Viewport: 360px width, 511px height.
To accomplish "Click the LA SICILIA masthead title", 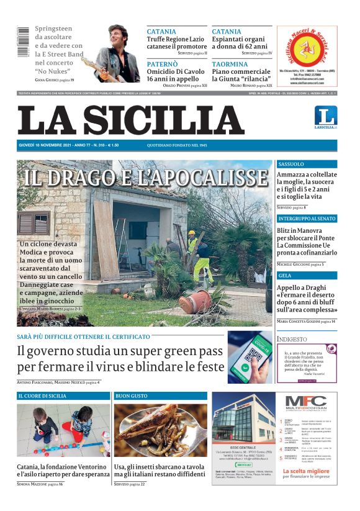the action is coord(130,119).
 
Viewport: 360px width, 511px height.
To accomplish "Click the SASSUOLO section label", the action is coord(291,165).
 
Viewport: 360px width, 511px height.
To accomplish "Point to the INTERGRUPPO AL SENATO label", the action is coord(307,219).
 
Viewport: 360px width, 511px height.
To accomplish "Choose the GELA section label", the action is coord(285,275).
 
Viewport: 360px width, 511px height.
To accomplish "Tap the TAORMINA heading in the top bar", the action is coord(230,64).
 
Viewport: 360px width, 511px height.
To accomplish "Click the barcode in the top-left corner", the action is coord(24,42).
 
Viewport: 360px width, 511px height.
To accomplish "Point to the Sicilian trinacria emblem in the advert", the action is coord(306,47).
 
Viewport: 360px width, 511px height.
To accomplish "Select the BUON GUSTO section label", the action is coord(132,396).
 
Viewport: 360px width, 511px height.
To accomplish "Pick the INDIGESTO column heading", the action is coord(292,340).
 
